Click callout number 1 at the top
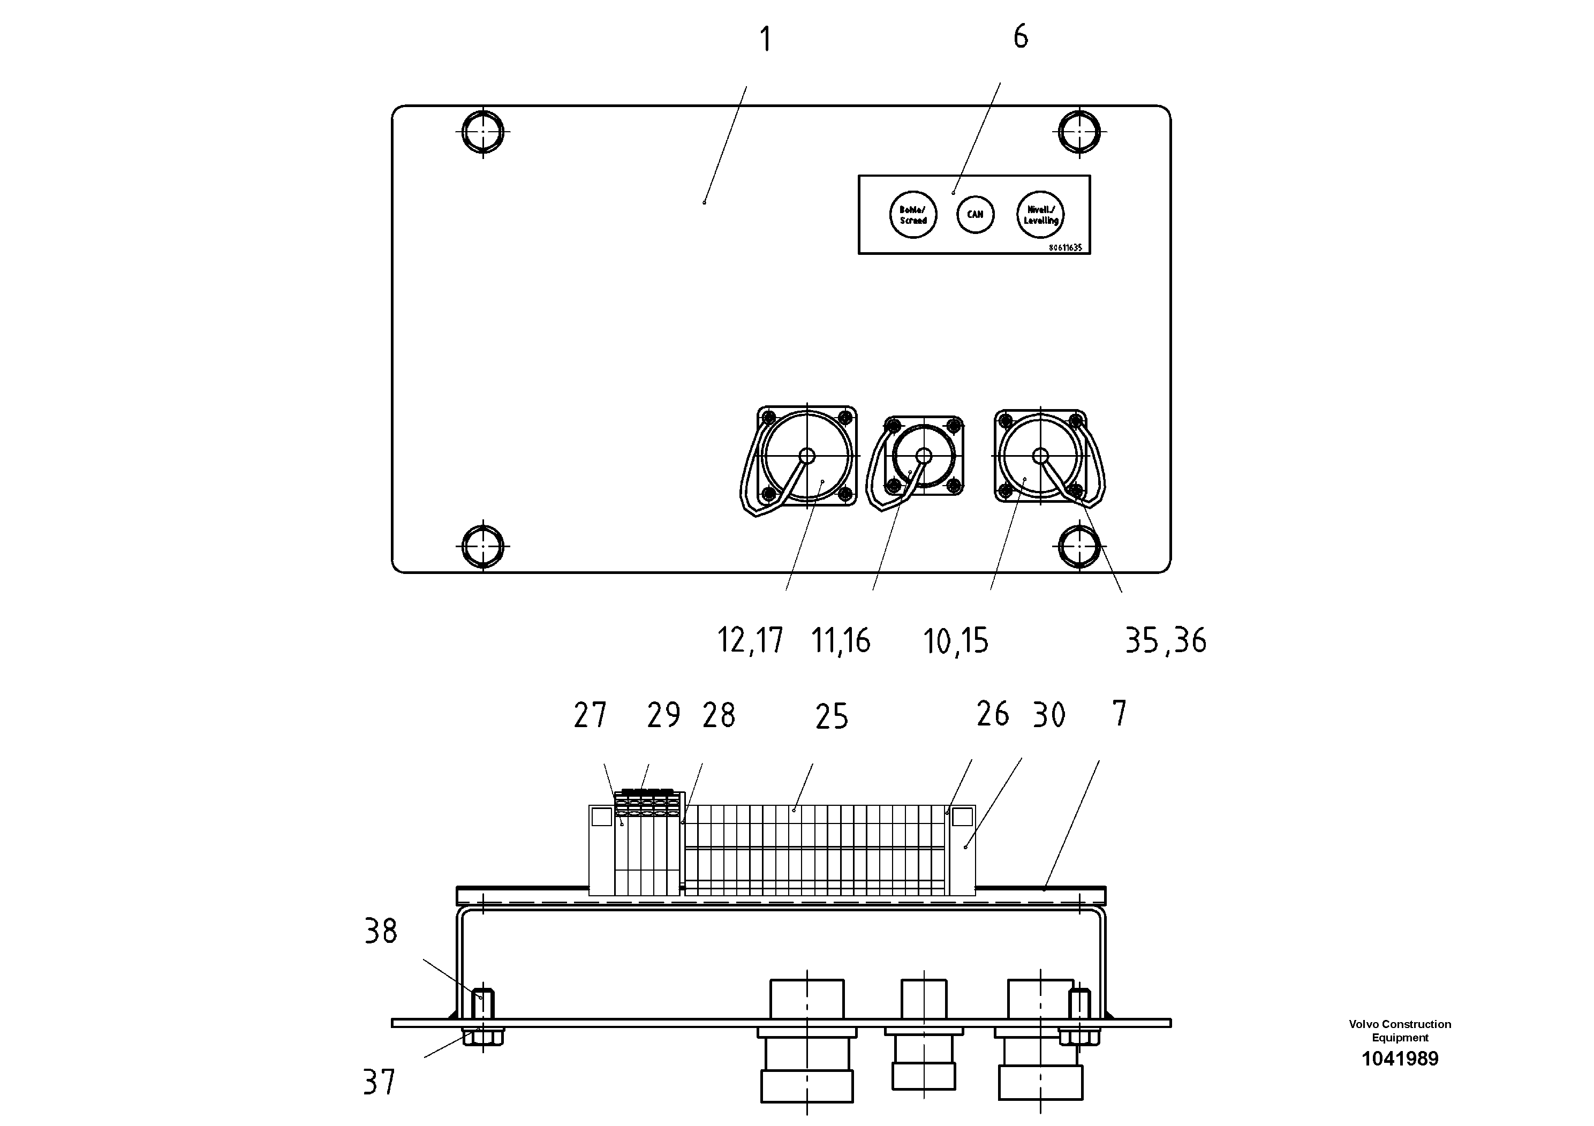[765, 40]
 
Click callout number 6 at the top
[1020, 36]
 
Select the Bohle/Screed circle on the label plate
[913, 215]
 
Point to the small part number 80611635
[1065, 248]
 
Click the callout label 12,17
[750, 640]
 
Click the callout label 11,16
[840, 640]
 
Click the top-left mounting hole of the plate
[482, 131]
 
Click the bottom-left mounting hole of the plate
[482, 546]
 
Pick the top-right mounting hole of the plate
[1079, 131]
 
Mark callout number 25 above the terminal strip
[831, 717]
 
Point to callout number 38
[381, 932]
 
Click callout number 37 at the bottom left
[379, 1082]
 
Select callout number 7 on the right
[1119, 714]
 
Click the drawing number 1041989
[1400, 1059]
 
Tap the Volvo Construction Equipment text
[1400, 1030]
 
